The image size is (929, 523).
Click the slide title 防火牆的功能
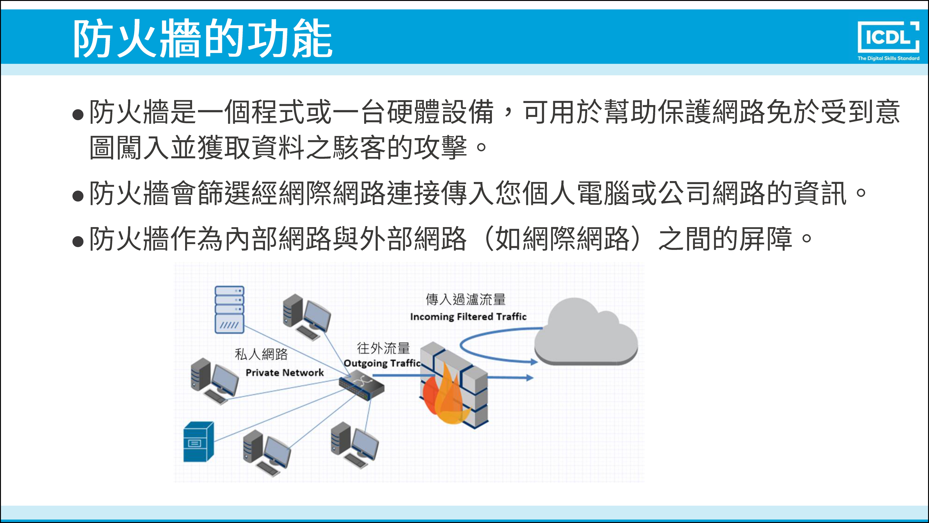point(203,39)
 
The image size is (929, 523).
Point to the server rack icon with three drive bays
point(229,309)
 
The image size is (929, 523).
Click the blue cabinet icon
point(198,442)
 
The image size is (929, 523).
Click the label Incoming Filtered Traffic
point(468,317)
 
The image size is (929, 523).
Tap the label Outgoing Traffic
point(382,363)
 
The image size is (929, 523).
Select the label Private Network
point(285,372)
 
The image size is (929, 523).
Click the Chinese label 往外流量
point(383,348)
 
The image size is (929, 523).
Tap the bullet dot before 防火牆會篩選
point(78,196)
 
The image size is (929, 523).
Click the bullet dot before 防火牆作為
point(78,241)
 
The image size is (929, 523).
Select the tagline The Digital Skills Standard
point(888,58)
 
